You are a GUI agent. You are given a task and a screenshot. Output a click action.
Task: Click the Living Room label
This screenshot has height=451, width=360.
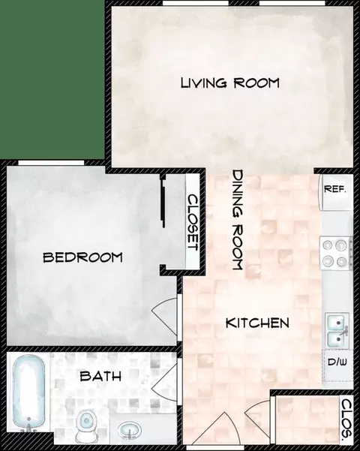(229, 83)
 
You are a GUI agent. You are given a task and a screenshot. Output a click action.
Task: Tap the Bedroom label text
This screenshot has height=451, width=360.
(82, 257)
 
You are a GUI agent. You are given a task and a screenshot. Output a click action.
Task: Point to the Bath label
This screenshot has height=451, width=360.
(101, 376)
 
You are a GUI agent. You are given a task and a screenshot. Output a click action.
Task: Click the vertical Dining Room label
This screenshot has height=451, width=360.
(238, 220)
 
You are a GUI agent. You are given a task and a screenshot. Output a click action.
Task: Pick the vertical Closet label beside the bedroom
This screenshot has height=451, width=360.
(192, 223)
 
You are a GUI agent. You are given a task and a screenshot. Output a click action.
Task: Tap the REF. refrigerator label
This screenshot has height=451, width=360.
(334, 188)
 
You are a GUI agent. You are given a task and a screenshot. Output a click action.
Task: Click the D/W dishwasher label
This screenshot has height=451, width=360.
(337, 362)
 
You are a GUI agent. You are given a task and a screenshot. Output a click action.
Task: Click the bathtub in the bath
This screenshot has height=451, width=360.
(28, 392)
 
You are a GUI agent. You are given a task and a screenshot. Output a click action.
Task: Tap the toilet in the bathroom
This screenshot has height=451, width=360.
(87, 425)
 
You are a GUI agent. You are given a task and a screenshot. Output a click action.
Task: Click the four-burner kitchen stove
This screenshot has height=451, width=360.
(337, 252)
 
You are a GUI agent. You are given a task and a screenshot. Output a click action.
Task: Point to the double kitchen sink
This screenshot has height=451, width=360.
(336, 331)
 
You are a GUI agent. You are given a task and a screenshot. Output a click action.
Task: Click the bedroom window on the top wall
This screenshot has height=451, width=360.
(49, 163)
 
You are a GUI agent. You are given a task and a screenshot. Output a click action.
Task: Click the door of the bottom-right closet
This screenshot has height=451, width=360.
(259, 410)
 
